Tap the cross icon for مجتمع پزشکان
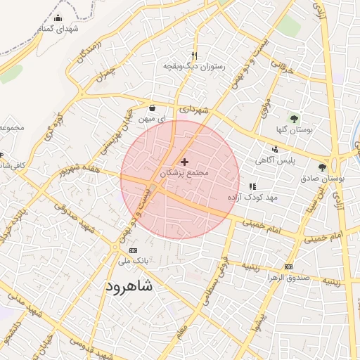(x=184, y=162)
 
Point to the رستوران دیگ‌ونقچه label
(x=193, y=66)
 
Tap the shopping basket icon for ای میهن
(x=152, y=108)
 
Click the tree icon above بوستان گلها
(x=294, y=118)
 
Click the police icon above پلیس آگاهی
(x=275, y=149)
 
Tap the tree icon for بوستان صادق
(x=322, y=167)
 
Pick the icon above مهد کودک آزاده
(x=252, y=186)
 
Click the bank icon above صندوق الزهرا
(x=288, y=266)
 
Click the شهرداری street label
(x=194, y=110)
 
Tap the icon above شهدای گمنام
(x=58, y=19)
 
